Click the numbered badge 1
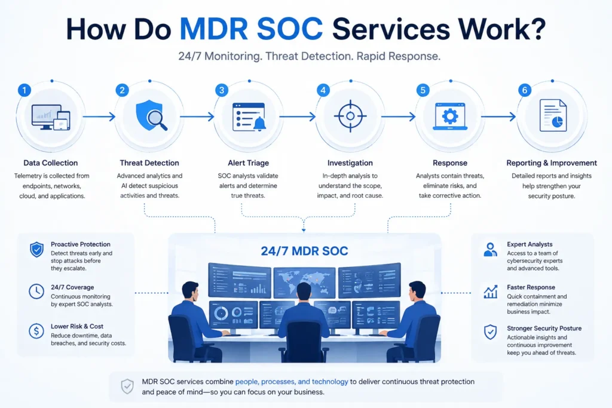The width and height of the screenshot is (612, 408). pos(24,90)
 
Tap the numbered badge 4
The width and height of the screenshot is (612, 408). pos(323,90)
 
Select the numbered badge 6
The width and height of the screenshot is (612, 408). pos(525,90)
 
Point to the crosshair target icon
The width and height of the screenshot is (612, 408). pos(350,116)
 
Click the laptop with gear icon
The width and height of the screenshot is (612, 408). pos(450,116)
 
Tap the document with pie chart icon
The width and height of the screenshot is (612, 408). pos(553,115)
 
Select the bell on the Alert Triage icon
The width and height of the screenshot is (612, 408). pos(259,123)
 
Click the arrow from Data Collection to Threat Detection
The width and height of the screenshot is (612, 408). pos(99,116)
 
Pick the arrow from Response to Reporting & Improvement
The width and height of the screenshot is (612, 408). pos(498,116)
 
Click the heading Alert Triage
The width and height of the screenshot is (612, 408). pos(248,163)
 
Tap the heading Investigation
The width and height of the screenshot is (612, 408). pos(350,163)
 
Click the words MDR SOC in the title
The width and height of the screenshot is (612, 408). pos(251,29)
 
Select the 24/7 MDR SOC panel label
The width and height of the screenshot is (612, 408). pos(304,251)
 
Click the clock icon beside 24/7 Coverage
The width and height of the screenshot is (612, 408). pos(36,292)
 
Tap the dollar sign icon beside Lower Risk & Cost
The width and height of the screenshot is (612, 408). pos(36,331)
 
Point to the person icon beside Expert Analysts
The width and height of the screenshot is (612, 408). pos(490,249)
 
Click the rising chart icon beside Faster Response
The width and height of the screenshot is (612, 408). pos(490,292)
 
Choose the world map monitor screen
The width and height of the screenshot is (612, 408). pos(304,282)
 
